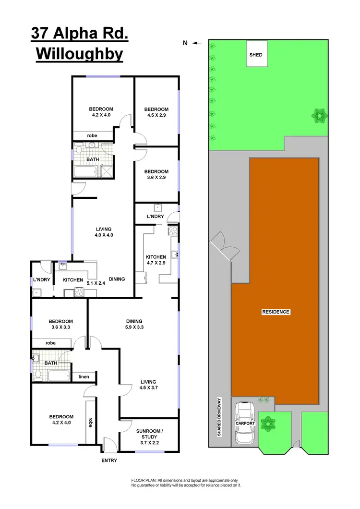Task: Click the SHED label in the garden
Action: click(x=256, y=55)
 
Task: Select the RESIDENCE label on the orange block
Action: click(x=276, y=312)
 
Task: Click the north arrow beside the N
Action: click(x=196, y=43)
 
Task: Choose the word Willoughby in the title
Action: click(x=79, y=54)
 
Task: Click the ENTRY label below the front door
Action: click(x=109, y=461)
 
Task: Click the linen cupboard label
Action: click(x=84, y=376)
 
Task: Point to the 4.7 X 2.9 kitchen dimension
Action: click(x=156, y=263)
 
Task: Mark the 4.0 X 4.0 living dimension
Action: click(x=103, y=235)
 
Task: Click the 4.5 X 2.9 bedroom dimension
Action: click(x=156, y=115)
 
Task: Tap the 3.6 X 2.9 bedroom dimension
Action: click(x=156, y=178)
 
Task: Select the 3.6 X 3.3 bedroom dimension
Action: click(x=60, y=327)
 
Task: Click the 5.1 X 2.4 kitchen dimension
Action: click(x=96, y=283)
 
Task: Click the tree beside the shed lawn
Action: click(x=318, y=115)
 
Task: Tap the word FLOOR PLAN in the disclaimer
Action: click(x=143, y=480)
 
